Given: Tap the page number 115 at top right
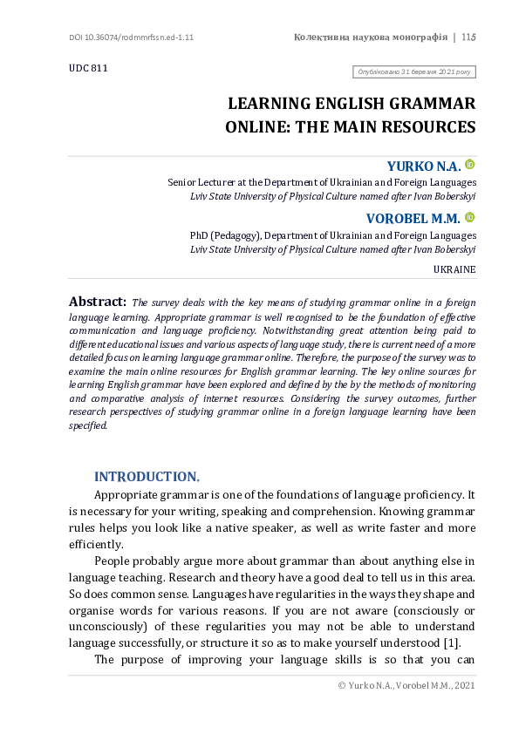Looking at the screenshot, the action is click(468, 37).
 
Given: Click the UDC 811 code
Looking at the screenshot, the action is click(88, 68).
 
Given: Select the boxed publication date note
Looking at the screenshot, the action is click(413, 72).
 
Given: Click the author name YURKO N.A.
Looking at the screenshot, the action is click(423, 167).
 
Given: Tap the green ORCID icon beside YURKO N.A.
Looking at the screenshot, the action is click(469, 164).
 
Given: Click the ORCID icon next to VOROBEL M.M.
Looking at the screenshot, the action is click(469, 217).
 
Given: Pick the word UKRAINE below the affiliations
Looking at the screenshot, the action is click(454, 269).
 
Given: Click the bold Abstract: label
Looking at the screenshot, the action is click(98, 302).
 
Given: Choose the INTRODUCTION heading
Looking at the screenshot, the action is click(147, 476).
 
